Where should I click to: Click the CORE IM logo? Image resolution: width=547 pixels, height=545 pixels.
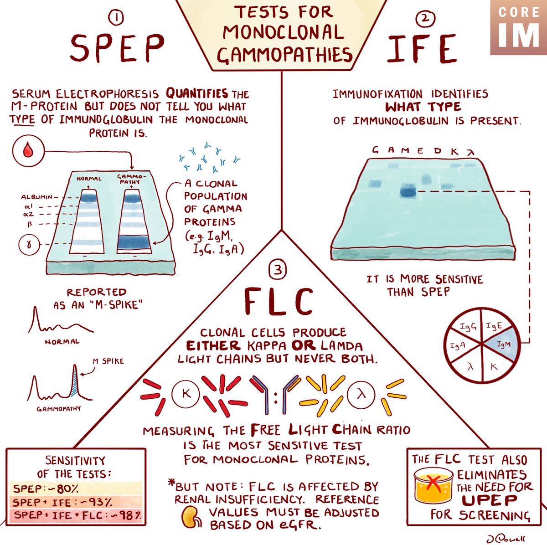518,27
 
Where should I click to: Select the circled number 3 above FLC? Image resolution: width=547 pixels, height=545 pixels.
279,271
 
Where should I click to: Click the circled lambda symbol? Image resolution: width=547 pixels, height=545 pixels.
361,394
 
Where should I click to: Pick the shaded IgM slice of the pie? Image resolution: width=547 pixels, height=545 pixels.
502,345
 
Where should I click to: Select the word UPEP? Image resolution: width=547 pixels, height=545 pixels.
489,500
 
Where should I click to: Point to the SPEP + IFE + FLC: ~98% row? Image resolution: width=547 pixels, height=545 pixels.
75,515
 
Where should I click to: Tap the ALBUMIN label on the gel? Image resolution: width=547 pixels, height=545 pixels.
37,197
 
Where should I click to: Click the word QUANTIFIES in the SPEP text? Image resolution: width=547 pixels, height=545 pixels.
196,94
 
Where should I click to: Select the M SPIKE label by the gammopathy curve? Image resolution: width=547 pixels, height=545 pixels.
108,361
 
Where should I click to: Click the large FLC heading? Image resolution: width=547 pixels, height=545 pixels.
279,302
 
